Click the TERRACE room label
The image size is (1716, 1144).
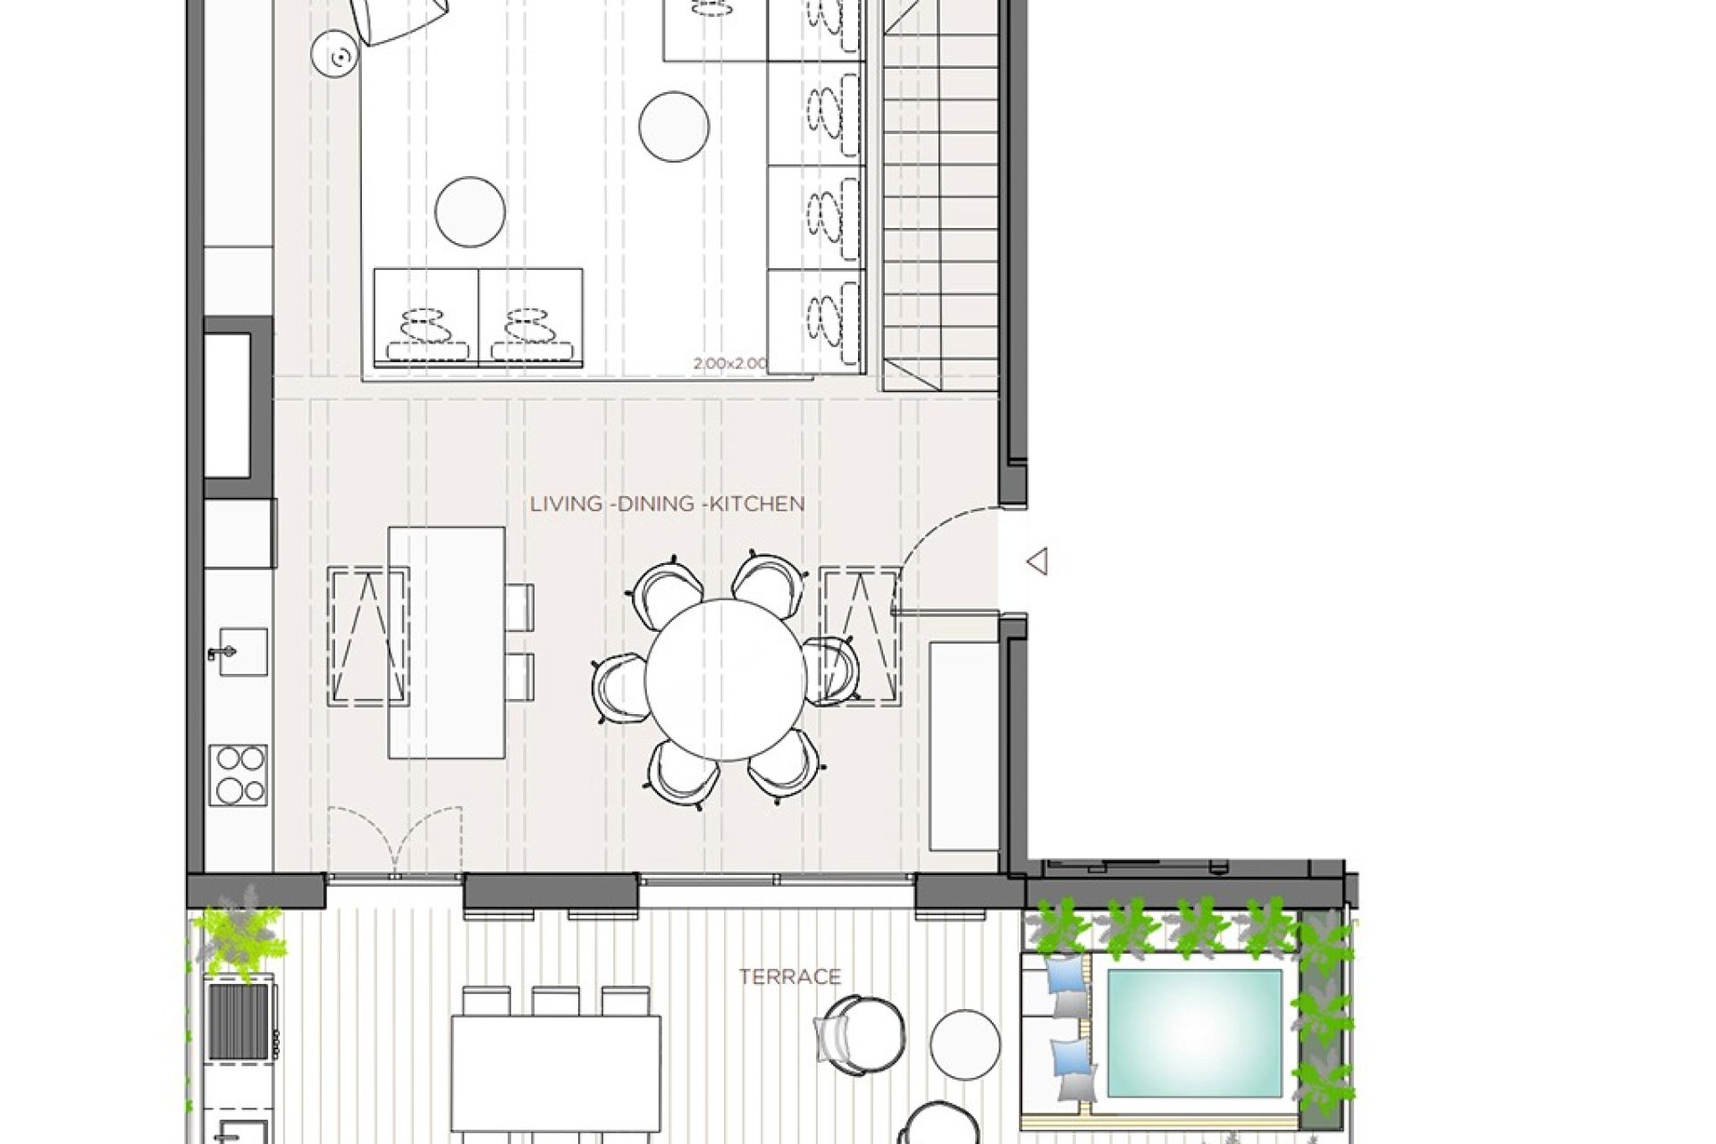click(x=790, y=977)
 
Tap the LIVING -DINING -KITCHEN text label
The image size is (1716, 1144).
click(x=667, y=504)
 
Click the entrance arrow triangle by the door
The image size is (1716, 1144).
click(x=1038, y=562)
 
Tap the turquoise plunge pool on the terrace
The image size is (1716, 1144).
click(x=1194, y=1033)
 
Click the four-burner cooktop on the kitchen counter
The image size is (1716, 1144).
click(x=239, y=774)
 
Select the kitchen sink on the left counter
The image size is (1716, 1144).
click(x=241, y=652)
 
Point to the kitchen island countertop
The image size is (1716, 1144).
click(x=447, y=643)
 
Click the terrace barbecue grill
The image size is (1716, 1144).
click(x=239, y=1022)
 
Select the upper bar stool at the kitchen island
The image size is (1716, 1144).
click(x=519, y=606)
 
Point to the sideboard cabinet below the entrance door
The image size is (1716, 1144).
click(x=963, y=745)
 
